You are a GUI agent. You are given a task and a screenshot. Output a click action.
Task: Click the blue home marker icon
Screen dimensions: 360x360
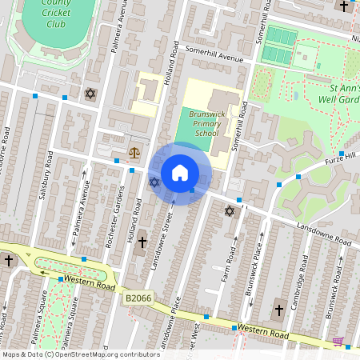(180, 173)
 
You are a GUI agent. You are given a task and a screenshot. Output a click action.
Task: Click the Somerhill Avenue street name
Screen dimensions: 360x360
(214, 58)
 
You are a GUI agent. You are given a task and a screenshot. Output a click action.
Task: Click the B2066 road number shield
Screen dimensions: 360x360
(137, 298)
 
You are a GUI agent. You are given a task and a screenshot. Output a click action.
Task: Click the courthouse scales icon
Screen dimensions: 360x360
(134, 152)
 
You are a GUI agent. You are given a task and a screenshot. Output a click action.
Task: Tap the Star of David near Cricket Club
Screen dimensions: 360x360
(90, 94)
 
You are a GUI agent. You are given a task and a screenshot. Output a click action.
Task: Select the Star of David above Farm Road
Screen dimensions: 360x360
(230, 211)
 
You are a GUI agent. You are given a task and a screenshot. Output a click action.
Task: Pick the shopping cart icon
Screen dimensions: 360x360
(338, 342)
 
